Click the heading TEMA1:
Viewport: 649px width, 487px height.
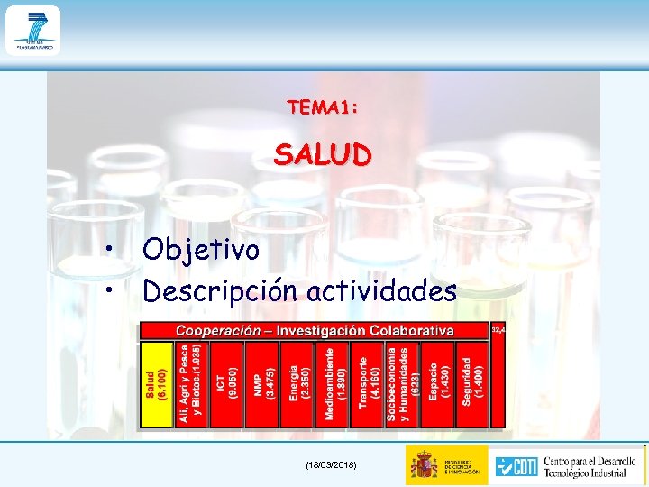(323, 107)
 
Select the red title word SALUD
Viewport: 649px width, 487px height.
(322, 155)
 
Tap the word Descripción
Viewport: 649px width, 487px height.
(222, 291)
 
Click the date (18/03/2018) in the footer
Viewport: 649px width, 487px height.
(331, 464)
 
